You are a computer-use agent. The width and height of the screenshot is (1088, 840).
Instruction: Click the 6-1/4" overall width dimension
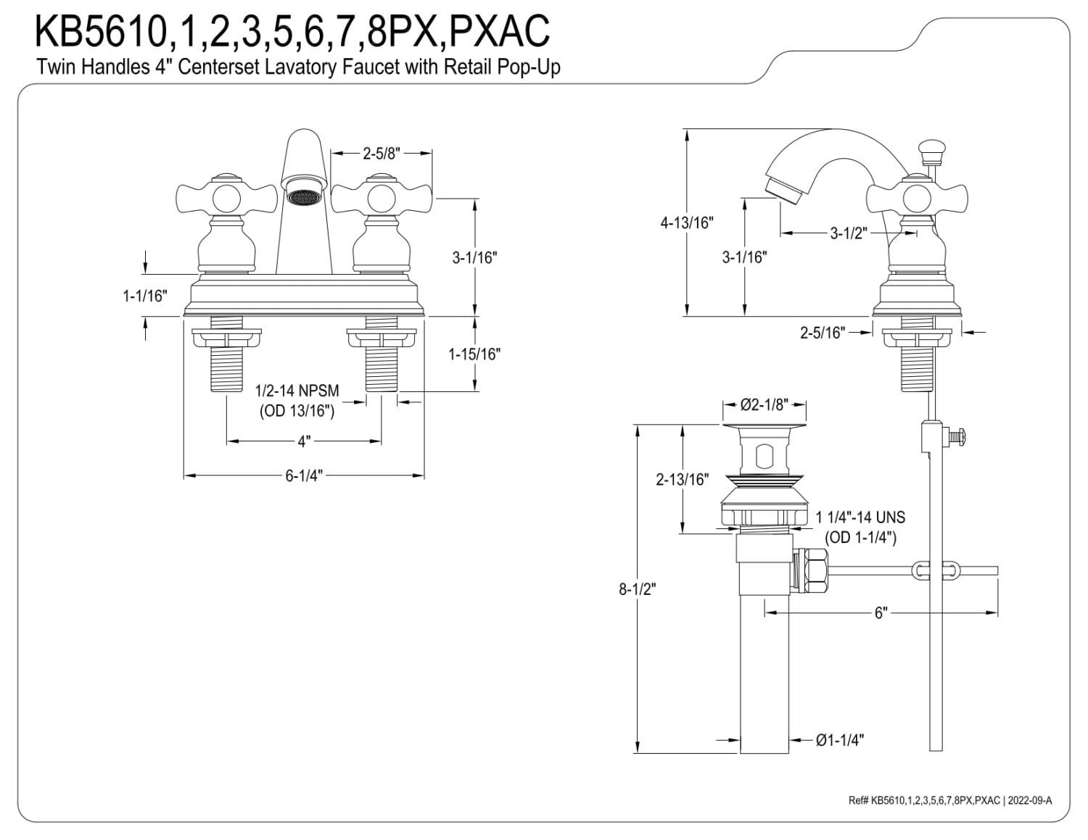point(304,475)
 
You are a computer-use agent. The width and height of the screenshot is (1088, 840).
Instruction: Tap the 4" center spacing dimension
point(304,441)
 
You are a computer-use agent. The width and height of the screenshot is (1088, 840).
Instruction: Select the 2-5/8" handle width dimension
point(382,153)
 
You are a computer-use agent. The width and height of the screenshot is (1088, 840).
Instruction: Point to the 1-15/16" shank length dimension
point(474,354)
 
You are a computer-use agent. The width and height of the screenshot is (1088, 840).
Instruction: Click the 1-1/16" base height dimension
point(144,296)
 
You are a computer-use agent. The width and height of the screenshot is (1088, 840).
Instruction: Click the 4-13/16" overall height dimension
point(687,223)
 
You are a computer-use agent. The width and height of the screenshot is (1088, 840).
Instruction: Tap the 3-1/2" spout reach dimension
point(849,233)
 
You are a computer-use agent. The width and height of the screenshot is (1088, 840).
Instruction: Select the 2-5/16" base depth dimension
point(823,332)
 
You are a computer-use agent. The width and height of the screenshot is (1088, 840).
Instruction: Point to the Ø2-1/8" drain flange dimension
point(765,404)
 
